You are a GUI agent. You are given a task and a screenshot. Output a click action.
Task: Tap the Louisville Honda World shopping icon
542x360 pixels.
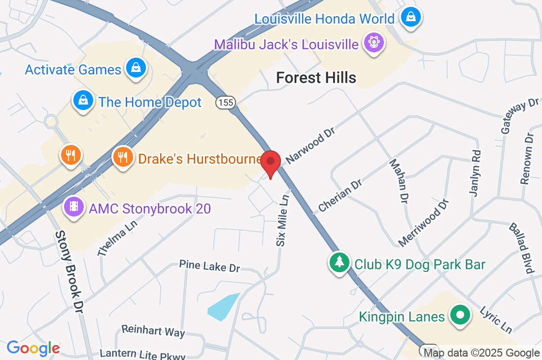(410, 17)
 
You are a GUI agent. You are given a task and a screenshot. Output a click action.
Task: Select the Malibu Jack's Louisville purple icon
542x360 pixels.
(374, 42)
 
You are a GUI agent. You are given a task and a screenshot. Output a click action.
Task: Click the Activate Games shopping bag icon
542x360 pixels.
(135, 69)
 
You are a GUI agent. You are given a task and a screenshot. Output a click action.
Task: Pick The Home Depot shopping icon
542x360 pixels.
(84, 101)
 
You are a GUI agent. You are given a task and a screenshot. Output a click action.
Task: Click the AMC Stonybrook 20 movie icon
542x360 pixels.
(73, 207)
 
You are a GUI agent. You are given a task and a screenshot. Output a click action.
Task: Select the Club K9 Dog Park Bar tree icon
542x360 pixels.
(339, 263)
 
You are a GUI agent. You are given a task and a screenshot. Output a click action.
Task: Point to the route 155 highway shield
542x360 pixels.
(225, 103)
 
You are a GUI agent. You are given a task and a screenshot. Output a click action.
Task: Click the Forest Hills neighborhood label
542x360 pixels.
(316, 77)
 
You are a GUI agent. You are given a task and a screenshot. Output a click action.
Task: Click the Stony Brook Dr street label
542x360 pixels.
(69, 272)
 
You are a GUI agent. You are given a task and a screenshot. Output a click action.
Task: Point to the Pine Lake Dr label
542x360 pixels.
(209, 266)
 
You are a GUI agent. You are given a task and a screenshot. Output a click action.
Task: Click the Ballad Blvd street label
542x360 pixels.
(522, 248)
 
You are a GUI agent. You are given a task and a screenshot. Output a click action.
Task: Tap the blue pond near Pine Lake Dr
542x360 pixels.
(223, 306)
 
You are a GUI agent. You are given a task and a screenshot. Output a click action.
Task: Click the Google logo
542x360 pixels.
(34, 348)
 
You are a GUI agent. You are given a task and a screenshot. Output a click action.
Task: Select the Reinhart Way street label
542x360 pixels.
(153, 330)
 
